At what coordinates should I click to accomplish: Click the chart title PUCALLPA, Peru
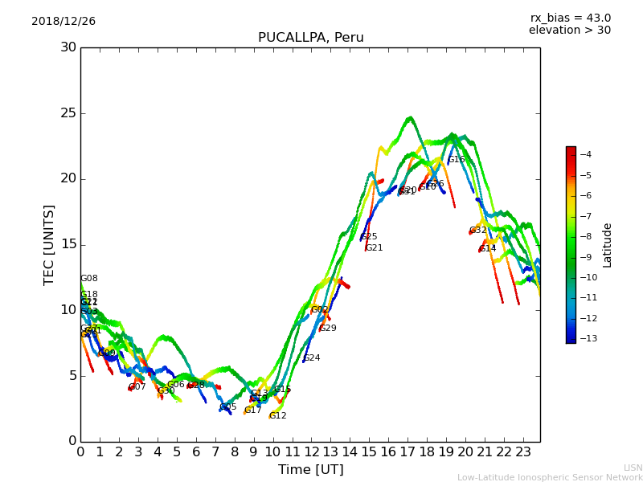click(310, 38)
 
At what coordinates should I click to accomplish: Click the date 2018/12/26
click(63, 22)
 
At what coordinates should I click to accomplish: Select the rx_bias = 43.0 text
click(570, 18)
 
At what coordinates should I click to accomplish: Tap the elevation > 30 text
click(569, 31)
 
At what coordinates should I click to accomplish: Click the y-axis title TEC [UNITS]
click(50, 244)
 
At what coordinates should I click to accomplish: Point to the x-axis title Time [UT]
click(310, 469)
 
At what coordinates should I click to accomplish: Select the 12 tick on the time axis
click(311, 451)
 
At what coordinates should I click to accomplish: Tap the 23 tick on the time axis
click(523, 451)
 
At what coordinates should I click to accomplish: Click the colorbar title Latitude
click(608, 244)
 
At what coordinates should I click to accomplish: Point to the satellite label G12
click(277, 416)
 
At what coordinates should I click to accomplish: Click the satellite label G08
click(88, 279)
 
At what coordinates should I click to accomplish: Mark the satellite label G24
click(311, 358)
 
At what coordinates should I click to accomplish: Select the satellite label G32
click(477, 231)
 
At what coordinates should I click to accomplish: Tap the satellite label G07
click(137, 387)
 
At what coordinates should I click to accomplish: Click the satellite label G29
click(327, 329)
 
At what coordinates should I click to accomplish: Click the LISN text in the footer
click(633, 468)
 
